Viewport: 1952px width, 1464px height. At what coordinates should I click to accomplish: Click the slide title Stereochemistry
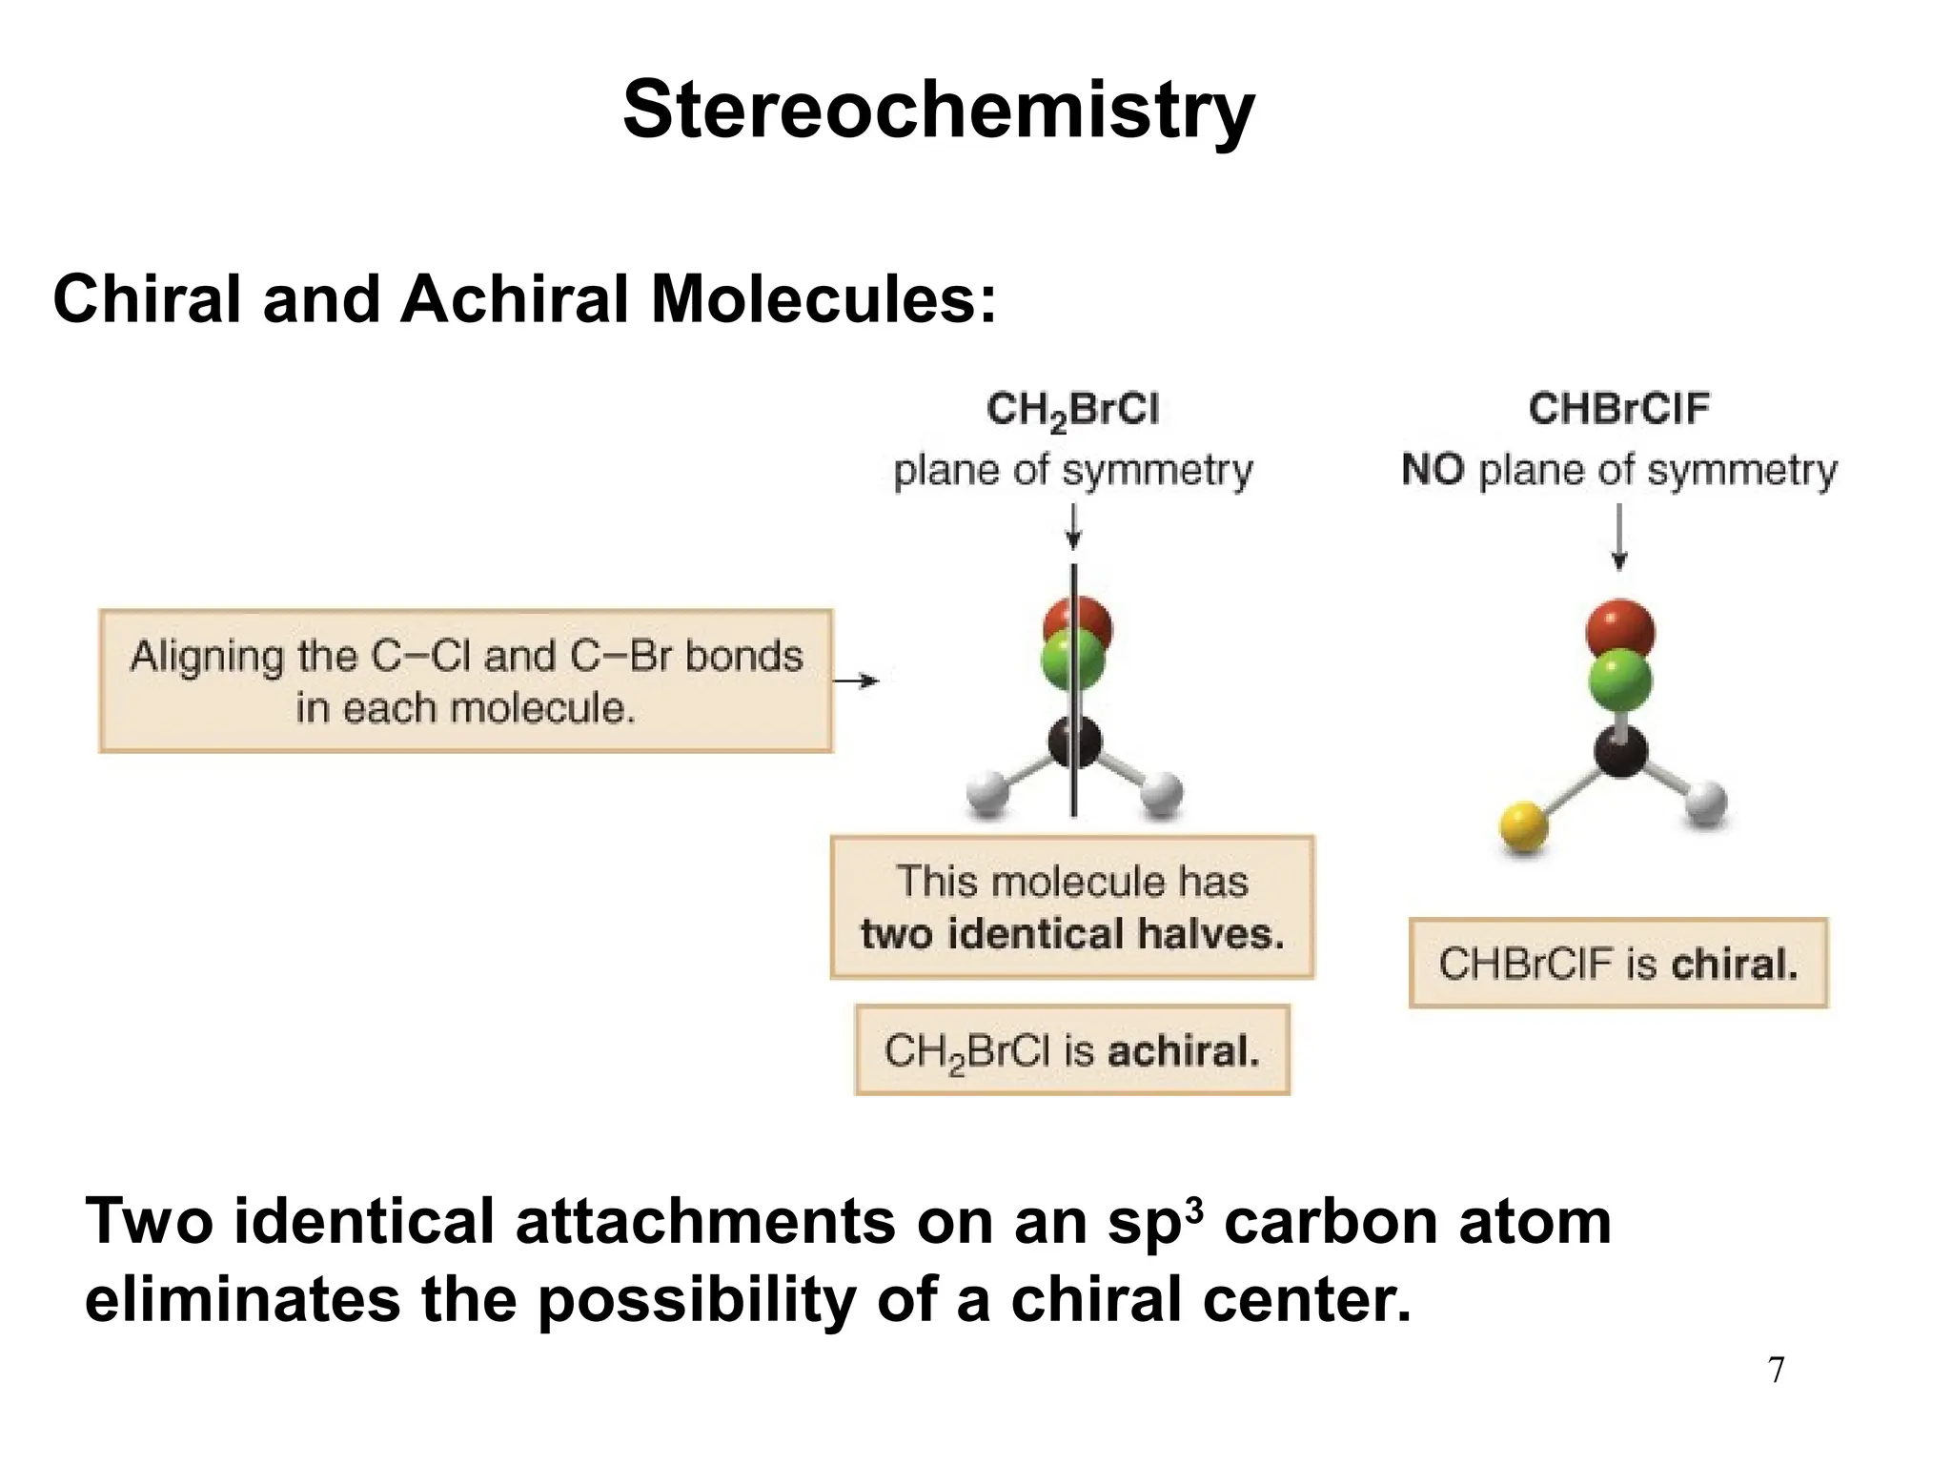[938, 111]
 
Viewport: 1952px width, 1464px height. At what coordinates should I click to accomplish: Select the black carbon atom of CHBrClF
[1620, 750]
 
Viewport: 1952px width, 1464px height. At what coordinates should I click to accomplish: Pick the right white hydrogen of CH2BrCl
[1161, 794]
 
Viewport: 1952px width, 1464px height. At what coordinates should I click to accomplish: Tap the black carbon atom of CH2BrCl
[1074, 743]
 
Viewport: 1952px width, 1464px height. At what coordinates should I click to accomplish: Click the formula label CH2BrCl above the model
[1072, 411]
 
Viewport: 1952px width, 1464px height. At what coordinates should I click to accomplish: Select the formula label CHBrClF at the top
[1618, 409]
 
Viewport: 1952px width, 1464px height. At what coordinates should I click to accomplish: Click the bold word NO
[1433, 470]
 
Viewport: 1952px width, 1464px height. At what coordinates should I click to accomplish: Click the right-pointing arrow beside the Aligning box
[856, 681]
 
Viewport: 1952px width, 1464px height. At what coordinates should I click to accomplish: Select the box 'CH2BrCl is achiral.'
[1072, 1050]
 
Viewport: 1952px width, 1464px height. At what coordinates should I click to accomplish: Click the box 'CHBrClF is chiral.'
[1617, 963]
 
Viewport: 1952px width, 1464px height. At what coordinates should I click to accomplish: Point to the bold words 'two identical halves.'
[1072, 934]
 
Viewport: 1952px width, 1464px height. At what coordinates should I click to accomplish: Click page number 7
[1776, 1371]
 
